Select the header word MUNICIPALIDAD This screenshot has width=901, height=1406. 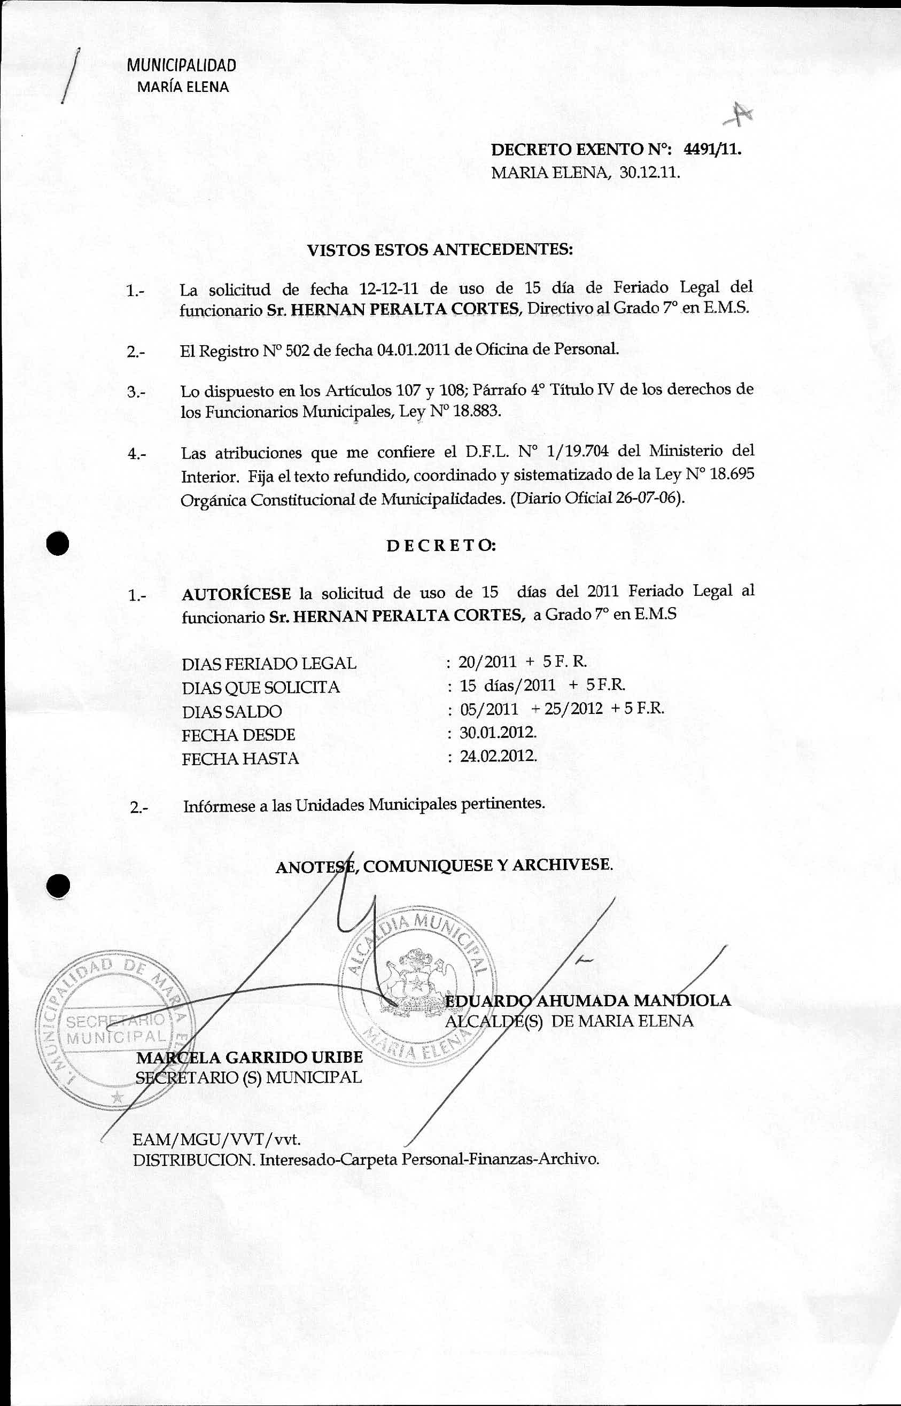[x=181, y=65]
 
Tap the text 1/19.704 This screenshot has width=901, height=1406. [x=567, y=452]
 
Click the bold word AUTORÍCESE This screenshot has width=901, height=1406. [x=236, y=594]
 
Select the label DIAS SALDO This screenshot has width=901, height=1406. [x=232, y=711]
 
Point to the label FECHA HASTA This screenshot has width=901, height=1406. [x=240, y=759]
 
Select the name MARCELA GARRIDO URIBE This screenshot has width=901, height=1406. [x=249, y=1057]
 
